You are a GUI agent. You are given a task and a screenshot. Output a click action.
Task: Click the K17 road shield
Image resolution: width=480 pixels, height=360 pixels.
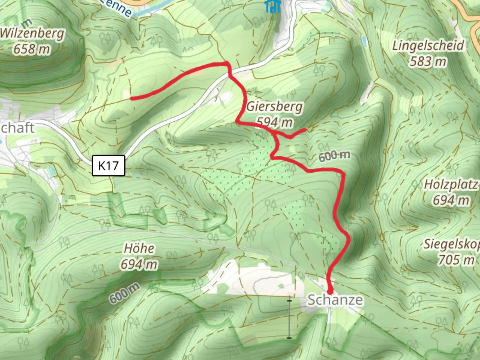point(108,165)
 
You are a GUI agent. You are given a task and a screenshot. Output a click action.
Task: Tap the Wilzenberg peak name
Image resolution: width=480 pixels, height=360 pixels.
point(32,34)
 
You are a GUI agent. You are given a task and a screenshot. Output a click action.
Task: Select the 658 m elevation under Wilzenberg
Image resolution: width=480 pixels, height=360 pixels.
point(32,49)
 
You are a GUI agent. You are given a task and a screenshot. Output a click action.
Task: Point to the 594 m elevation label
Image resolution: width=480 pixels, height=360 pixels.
point(275,122)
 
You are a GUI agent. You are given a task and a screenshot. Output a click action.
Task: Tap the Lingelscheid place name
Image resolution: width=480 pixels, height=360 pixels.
point(428,45)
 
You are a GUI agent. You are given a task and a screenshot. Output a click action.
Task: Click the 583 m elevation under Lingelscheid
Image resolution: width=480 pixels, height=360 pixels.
point(428,61)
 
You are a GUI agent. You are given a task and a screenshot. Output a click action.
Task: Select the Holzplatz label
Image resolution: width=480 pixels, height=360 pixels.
point(451,184)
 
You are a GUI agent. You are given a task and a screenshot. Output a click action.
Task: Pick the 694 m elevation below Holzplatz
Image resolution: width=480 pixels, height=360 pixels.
point(451,200)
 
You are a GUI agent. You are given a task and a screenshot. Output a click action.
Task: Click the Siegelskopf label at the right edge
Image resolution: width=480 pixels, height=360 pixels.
point(452,244)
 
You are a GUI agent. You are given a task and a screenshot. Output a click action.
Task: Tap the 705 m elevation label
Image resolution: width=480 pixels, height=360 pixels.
point(456,260)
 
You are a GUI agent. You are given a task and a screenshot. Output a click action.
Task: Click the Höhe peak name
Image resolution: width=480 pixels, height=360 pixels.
point(139,248)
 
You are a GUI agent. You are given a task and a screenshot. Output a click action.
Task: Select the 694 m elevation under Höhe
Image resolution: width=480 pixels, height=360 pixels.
point(139,264)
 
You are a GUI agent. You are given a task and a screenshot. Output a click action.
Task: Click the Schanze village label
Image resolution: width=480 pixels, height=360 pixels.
point(335,300)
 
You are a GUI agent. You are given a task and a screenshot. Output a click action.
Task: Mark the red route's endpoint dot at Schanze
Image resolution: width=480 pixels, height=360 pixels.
point(330,291)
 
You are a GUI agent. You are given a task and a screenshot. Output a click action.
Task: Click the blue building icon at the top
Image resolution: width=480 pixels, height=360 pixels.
point(272,6)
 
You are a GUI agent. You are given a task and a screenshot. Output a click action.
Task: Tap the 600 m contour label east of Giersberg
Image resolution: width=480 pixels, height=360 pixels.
point(334,156)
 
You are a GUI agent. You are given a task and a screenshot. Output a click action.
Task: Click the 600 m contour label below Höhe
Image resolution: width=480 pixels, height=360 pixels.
point(124,293)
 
